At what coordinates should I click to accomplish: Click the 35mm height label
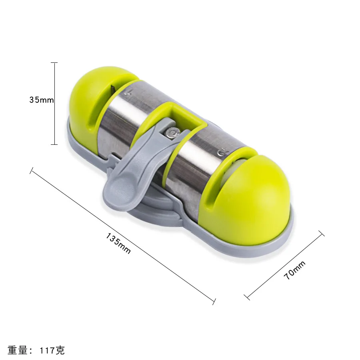[x=42, y=100]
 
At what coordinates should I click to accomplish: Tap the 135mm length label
[x=118, y=243]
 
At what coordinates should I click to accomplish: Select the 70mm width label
[x=294, y=270]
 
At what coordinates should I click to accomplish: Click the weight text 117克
[x=52, y=350]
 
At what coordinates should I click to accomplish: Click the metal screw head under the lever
[x=172, y=133]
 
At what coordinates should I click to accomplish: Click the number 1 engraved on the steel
[x=128, y=92]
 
